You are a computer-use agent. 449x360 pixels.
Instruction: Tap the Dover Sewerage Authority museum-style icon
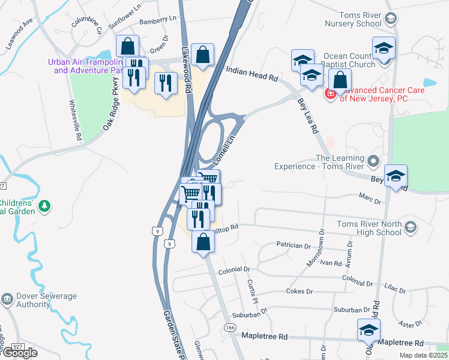click(x=7, y=298)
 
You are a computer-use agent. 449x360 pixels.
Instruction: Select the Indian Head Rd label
click(x=252, y=74)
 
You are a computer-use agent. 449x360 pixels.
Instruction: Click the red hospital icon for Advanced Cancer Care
click(x=330, y=94)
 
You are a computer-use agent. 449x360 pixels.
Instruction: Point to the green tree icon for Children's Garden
click(x=44, y=206)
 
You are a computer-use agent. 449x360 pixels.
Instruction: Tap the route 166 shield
click(x=231, y=327)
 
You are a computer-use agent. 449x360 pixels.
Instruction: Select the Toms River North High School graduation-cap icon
click(x=411, y=227)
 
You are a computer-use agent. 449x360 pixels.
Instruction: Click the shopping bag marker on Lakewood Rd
click(x=203, y=55)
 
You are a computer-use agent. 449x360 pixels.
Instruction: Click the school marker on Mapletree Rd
click(x=369, y=330)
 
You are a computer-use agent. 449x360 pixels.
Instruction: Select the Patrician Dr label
click(x=294, y=245)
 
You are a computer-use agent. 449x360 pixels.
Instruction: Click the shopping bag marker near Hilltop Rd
click(x=203, y=242)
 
